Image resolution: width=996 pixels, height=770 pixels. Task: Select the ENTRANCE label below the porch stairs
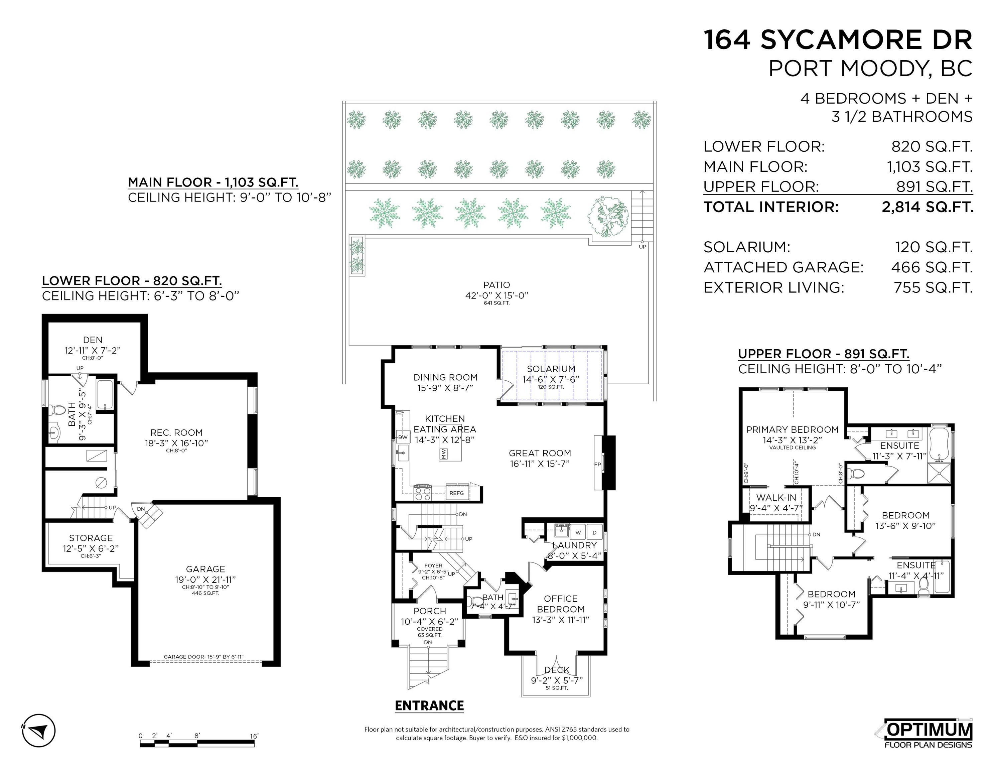pyautogui.click(x=429, y=706)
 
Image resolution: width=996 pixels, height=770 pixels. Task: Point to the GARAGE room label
pyautogui.click(x=205, y=569)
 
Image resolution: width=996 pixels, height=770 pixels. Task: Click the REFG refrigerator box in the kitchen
pyautogui.click(x=456, y=493)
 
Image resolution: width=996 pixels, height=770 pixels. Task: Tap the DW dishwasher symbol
pyautogui.click(x=403, y=437)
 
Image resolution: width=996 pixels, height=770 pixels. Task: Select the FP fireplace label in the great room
pyautogui.click(x=597, y=464)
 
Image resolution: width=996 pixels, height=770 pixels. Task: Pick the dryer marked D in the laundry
pyautogui.click(x=594, y=532)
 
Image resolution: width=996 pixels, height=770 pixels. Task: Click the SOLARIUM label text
pyautogui.click(x=551, y=369)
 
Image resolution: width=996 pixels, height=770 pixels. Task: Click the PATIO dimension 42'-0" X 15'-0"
pyautogui.click(x=496, y=295)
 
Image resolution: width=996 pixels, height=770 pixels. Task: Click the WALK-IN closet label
pyautogui.click(x=776, y=498)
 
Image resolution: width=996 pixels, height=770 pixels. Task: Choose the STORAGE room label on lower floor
pyautogui.click(x=91, y=538)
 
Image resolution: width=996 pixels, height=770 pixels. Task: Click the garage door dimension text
pyautogui.click(x=204, y=657)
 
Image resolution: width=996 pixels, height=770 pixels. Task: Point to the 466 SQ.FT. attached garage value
pyautogui.click(x=932, y=267)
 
